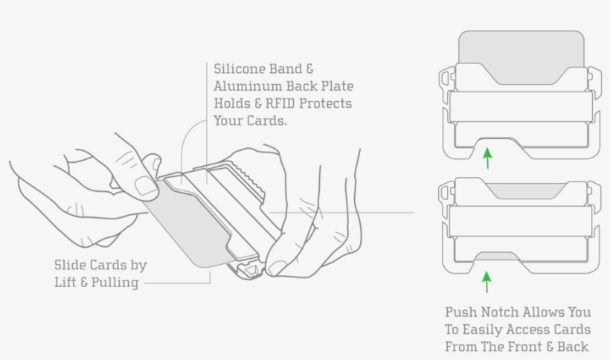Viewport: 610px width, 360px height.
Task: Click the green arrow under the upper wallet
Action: click(x=487, y=158)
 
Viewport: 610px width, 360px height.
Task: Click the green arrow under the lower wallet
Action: click(x=487, y=281)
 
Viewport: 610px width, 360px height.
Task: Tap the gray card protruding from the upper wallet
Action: click(x=521, y=48)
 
